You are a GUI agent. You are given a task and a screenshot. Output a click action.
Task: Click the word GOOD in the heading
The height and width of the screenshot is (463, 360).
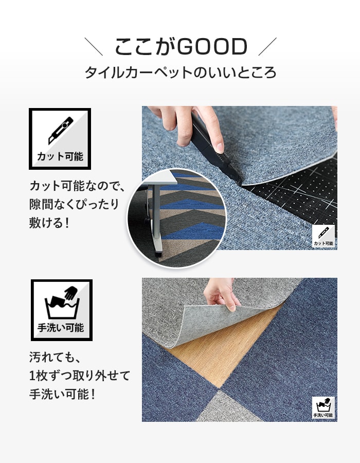coord(212,47)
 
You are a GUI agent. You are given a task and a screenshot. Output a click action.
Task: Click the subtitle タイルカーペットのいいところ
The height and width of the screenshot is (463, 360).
coord(181,73)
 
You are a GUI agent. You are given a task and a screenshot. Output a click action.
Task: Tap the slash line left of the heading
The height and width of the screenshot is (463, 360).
coord(94,46)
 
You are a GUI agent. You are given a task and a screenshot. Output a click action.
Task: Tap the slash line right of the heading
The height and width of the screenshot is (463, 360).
coord(267,46)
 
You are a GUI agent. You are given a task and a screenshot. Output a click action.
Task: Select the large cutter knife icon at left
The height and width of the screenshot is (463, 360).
coord(61,130)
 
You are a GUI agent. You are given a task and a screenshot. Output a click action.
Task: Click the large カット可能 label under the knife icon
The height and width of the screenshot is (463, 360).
coord(60,156)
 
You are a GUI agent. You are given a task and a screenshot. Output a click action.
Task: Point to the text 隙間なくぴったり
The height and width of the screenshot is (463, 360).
coord(74,204)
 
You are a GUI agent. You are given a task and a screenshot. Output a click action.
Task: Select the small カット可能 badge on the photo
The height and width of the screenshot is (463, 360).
coord(323,236)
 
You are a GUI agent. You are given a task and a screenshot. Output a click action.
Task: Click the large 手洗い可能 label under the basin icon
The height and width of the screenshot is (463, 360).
coord(61,328)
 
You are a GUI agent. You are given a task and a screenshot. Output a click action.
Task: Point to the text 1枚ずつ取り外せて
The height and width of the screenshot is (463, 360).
coord(80,376)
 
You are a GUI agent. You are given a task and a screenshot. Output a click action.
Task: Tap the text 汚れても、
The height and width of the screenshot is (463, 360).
coord(55,358)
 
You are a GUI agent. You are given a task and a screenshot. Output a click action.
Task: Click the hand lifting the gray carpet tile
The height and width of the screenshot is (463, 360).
coord(221,294)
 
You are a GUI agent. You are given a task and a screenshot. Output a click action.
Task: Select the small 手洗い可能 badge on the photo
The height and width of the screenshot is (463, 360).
coord(323,407)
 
